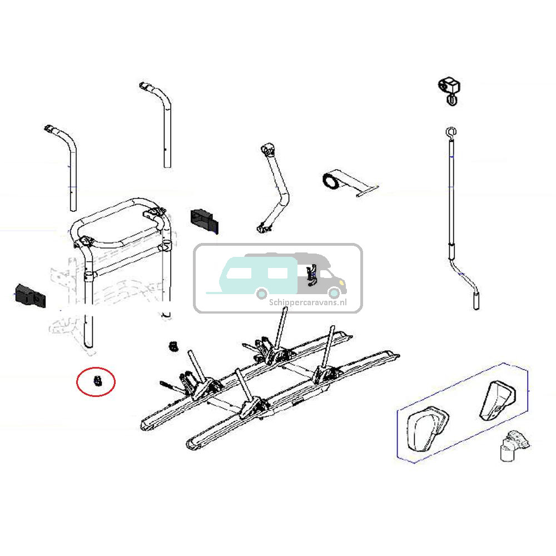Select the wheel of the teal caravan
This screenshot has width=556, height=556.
(262, 292)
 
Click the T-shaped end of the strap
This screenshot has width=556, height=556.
(368, 190)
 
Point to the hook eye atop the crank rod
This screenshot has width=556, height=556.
(450, 132)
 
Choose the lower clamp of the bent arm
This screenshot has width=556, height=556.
(262, 226)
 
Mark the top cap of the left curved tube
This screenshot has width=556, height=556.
(51, 130)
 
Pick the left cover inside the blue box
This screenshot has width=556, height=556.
(427, 426)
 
